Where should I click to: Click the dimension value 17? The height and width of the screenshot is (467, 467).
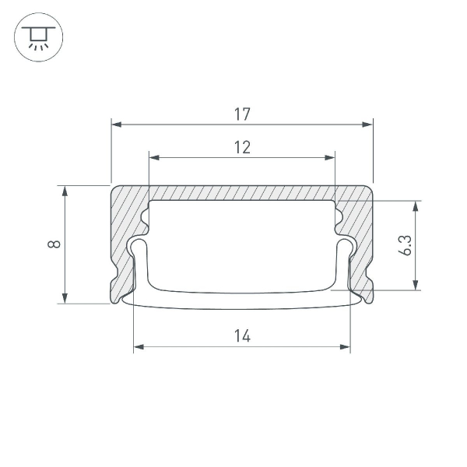tap(241, 114)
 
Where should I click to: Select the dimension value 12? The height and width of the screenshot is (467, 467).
tap(242, 147)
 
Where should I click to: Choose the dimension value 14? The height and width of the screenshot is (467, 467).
tap(242, 335)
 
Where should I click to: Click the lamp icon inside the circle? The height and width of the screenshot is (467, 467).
tap(38, 37)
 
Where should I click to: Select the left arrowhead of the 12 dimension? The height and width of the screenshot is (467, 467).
tap(153, 157)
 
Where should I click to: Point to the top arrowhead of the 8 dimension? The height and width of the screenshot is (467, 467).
tap(65, 191)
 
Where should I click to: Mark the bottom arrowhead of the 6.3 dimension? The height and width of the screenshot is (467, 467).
tap(416, 285)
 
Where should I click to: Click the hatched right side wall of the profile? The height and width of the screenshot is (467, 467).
tap(360, 233)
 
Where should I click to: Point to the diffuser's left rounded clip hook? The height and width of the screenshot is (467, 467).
tap(139, 247)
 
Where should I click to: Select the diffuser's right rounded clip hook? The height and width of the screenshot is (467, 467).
tap(346, 247)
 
